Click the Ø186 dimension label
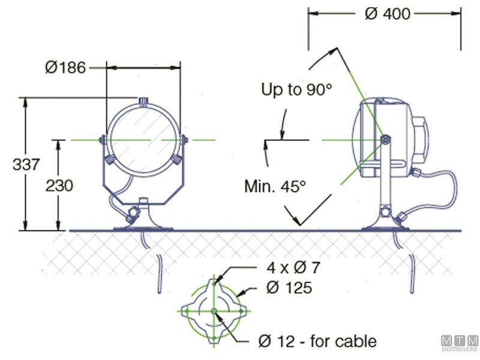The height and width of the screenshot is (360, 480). [66, 67]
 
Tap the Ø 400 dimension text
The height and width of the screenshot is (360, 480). [387, 14]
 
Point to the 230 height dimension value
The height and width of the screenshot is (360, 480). [59, 185]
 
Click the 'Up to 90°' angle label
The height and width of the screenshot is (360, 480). [296, 90]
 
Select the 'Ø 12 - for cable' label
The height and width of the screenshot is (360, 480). [317, 341]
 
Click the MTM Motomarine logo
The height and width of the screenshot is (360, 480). [460, 343]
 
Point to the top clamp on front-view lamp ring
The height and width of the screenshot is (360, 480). [143, 103]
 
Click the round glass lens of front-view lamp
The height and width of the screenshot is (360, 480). [143, 139]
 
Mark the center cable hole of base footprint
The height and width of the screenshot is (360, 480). [214, 311]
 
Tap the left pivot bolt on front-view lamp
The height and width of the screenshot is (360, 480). [103, 140]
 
